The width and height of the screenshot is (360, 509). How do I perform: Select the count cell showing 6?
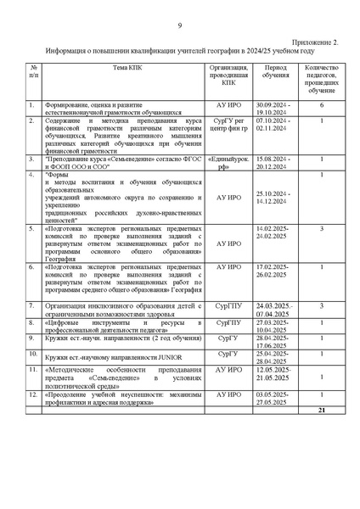322,104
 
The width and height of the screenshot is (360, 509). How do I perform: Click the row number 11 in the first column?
32,370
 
